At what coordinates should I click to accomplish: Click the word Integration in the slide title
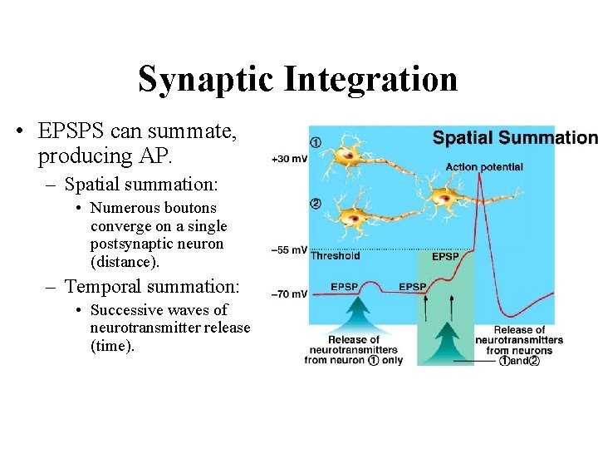click(x=370, y=79)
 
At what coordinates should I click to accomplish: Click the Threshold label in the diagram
click(x=335, y=256)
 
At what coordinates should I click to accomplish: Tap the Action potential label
click(x=483, y=167)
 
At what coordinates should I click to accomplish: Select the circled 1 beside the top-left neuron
click(x=316, y=141)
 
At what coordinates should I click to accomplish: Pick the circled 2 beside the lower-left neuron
click(x=316, y=204)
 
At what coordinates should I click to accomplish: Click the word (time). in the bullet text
click(x=112, y=346)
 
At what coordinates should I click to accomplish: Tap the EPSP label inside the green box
click(x=446, y=257)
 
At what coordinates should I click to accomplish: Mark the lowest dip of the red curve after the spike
click(x=516, y=318)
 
